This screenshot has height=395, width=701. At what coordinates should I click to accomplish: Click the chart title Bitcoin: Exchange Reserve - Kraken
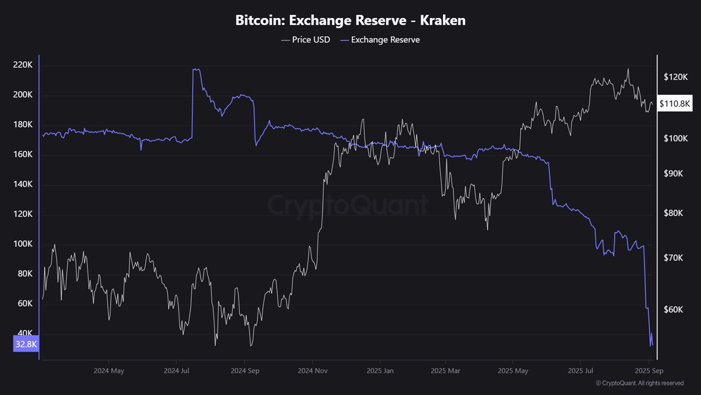[x=350, y=21]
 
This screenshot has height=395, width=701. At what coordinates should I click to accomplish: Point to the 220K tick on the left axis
[x=23, y=65]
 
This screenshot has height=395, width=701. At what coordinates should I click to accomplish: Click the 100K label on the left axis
[x=23, y=244]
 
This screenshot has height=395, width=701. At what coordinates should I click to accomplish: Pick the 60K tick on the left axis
[x=23, y=303]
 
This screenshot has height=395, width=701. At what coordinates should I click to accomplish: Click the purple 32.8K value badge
[x=26, y=344]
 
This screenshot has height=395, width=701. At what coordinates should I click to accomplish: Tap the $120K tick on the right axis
[x=675, y=77]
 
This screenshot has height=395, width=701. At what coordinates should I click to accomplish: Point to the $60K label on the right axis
[x=673, y=309]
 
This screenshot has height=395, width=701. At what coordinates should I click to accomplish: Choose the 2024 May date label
[x=109, y=371]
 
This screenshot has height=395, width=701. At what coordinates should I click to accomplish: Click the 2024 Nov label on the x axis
[x=313, y=371]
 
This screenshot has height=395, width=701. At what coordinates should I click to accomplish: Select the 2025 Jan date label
[x=381, y=371]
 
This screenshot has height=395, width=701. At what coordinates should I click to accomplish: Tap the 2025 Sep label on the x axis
[x=649, y=371]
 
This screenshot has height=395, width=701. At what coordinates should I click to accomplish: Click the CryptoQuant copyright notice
[x=639, y=383]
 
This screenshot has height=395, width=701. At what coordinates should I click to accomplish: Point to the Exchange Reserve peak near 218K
[x=196, y=70]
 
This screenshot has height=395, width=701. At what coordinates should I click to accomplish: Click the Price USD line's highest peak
[x=628, y=69]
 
